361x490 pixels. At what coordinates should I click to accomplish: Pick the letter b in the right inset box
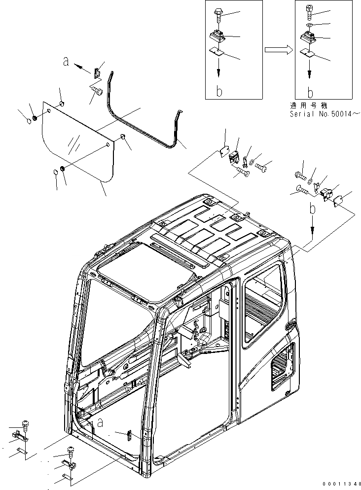(310, 92)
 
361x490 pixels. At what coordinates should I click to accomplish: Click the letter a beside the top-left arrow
(66, 62)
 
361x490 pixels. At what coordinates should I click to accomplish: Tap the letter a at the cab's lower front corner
(100, 422)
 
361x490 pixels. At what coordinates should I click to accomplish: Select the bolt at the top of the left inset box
(219, 14)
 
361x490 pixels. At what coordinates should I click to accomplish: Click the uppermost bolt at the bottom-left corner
(25, 423)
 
